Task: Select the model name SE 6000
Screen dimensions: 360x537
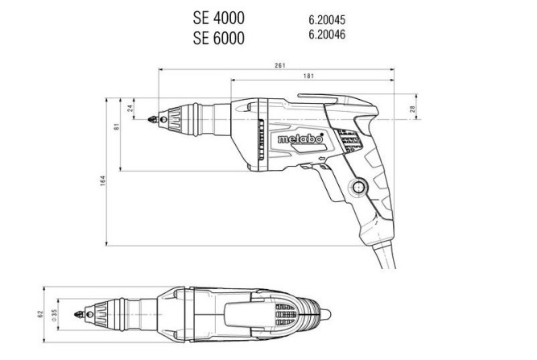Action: tap(218, 37)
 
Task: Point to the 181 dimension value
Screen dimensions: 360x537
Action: tap(308, 77)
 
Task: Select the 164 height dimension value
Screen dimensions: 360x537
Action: tap(103, 182)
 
